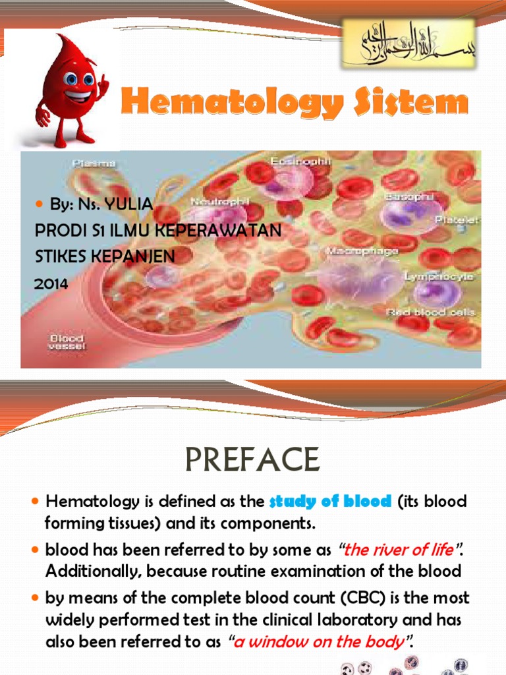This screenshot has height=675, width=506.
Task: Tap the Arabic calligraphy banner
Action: [x=408, y=42]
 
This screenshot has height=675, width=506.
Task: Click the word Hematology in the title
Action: [x=233, y=104]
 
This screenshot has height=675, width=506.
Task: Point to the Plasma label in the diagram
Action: [x=94, y=162]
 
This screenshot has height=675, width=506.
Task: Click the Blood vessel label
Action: [x=67, y=343]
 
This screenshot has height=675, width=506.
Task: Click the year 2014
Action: [x=51, y=283]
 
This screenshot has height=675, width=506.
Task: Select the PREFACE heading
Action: [x=253, y=459]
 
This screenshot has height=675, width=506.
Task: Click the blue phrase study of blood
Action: [x=330, y=501]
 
